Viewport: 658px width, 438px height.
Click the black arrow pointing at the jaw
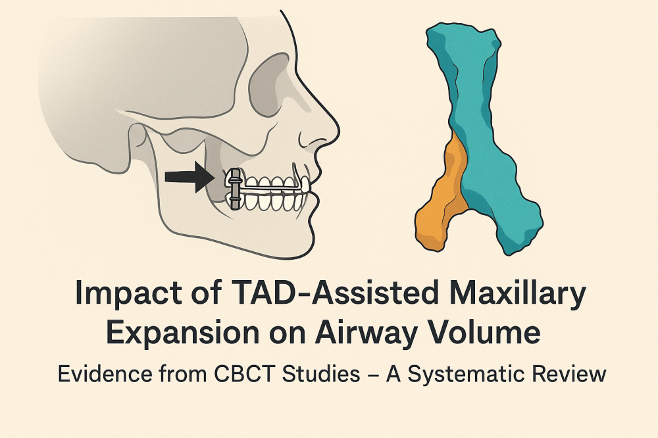coord(190,177)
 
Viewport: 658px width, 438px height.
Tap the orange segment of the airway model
coord(441,197)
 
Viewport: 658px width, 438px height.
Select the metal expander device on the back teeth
coord(235,189)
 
